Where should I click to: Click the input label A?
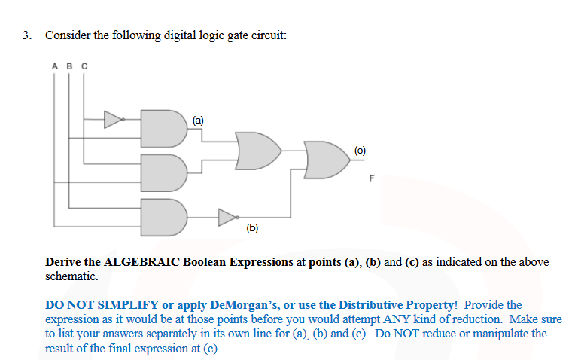(x=55, y=66)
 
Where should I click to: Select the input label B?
(x=70, y=66)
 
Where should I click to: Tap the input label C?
(x=84, y=66)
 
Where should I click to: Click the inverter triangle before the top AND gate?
(x=113, y=118)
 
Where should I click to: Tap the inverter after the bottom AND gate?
(x=227, y=218)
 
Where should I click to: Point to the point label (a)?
(x=198, y=119)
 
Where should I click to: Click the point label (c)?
(x=359, y=151)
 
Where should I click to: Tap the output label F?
(x=370, y=178)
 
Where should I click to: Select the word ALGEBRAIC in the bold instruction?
(x=138, y=262)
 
